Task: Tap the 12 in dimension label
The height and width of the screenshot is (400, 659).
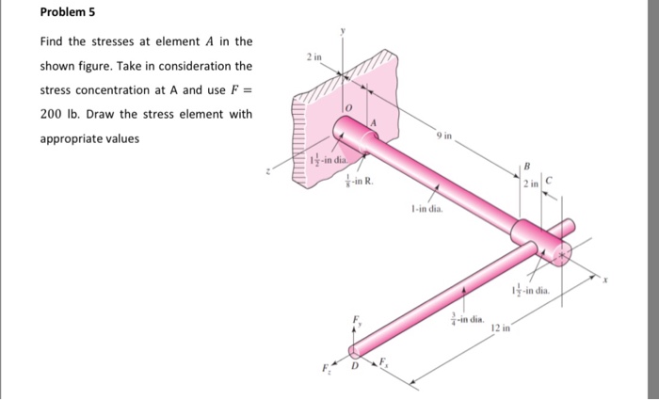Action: pos(500,328)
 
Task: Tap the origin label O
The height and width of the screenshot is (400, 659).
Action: pos(348,110)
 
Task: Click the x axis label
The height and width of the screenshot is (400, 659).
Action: pos(607,280)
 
